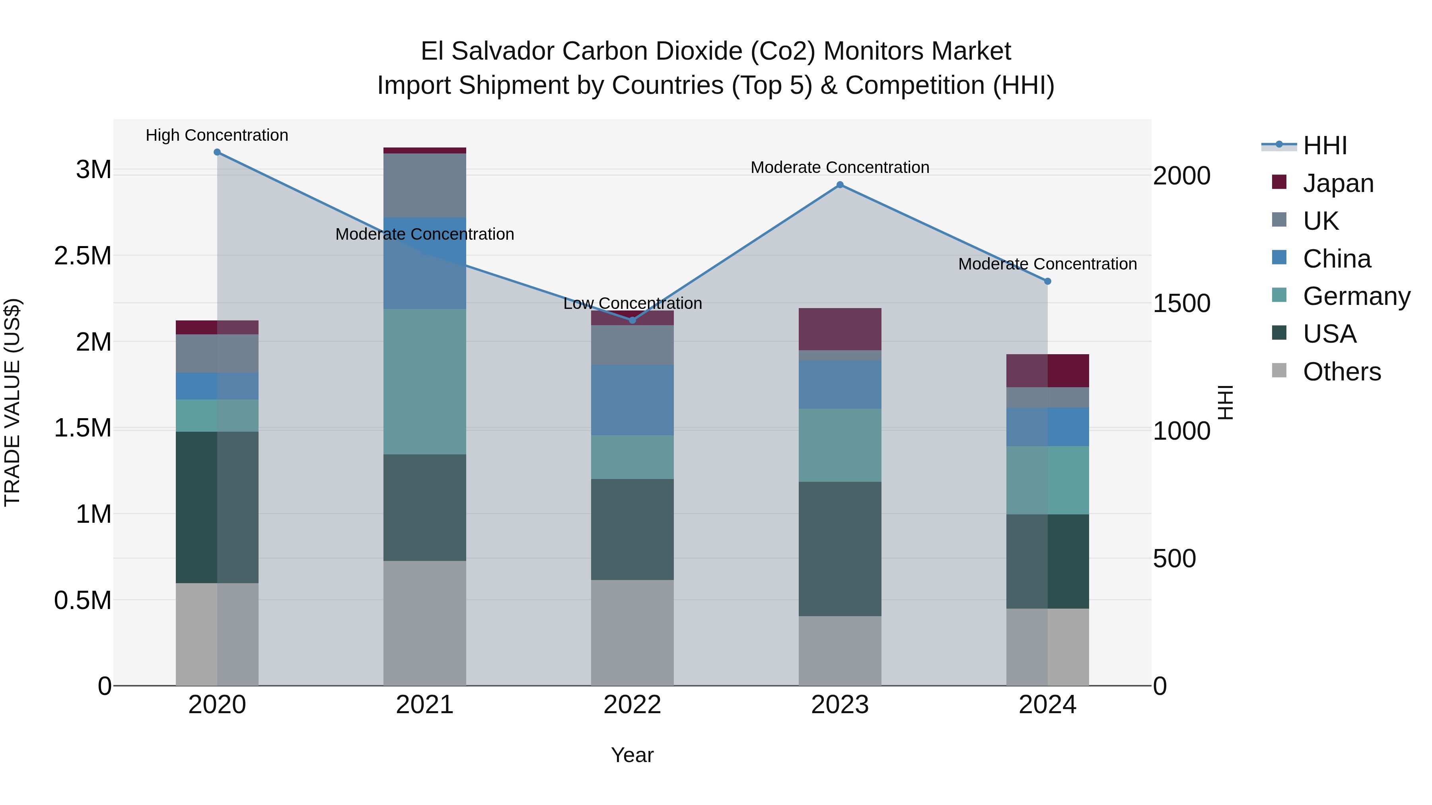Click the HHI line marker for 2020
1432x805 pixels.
[217, 152]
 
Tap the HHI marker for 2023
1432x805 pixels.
[840, 185]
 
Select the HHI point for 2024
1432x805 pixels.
[1048, 281]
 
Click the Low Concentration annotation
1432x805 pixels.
[632, 303]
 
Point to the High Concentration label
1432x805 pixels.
[217, 135]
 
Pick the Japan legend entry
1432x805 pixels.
[1337, 183]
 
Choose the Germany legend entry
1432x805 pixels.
[1356, 296]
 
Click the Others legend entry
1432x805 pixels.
[1341, 372]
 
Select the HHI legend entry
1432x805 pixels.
[1324, 145]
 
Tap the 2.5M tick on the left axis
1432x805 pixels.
[83, 256]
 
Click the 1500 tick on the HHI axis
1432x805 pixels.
[1181, 303]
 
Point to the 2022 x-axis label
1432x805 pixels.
[632, 705]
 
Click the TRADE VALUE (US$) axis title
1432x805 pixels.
[12, 402]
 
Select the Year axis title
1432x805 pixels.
[632, 755]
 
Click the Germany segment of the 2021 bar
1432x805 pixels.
[425, 382]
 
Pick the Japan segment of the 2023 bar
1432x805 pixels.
[840, 329]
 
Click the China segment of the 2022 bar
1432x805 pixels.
[632, 400]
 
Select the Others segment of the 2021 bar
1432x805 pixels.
[425, 623]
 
